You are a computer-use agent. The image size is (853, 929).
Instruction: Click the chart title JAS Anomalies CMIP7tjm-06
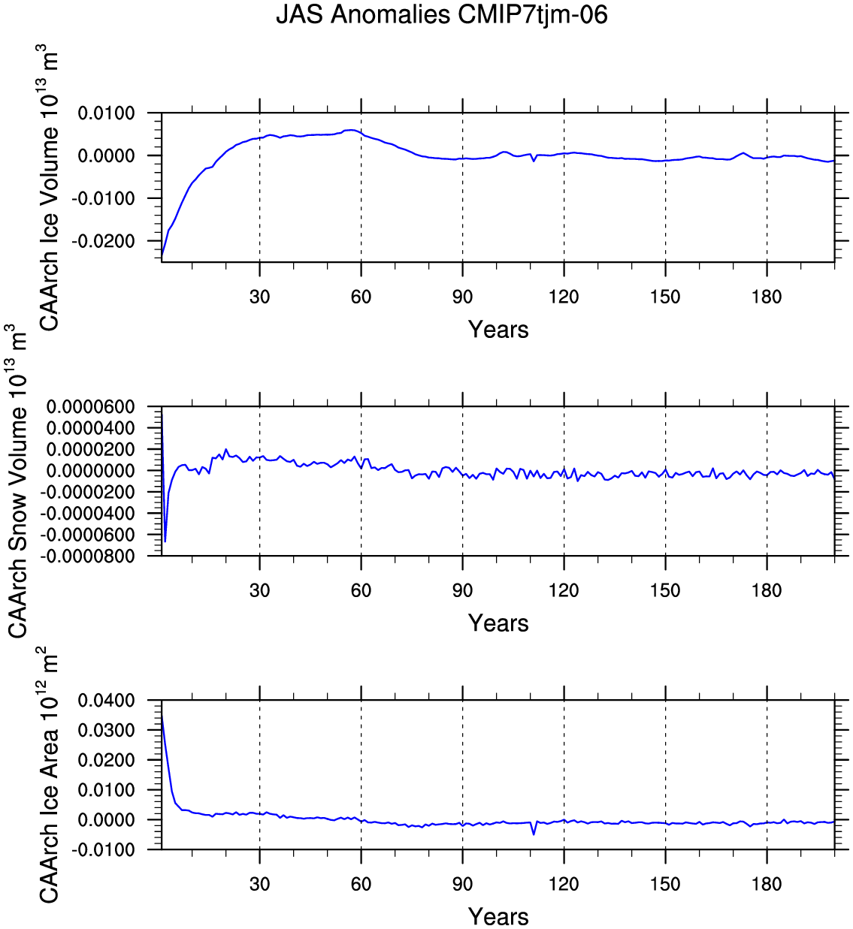[441, 15]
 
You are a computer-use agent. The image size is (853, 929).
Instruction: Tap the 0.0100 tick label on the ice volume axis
[106, 113]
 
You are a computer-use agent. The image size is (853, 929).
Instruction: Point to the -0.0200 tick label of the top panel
[103, 241]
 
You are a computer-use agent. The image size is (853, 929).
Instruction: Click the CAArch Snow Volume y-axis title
[17, 481]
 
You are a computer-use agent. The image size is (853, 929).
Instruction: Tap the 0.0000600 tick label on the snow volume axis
[90, 407]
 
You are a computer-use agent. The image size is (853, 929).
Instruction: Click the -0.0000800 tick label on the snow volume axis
[87, 556]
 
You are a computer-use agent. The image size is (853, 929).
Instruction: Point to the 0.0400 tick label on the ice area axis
[106, 701]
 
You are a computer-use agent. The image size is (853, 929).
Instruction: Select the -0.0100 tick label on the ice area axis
[103, 850]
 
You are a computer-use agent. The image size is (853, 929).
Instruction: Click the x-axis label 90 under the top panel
[463, 297]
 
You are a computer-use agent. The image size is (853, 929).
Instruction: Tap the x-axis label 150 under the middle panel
[665, 590]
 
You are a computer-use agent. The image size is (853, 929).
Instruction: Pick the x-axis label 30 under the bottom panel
[259, 884]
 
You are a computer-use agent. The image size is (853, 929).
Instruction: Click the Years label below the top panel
[498, 330]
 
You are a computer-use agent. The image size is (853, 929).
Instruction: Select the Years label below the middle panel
[498, 623]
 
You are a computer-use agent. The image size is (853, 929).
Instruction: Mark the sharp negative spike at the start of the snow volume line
[165, 541]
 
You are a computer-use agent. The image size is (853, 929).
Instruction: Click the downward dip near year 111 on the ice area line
[534, 834]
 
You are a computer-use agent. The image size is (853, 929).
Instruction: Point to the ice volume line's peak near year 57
[352, 130]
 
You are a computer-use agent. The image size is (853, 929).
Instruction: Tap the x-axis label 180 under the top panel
[767, 297]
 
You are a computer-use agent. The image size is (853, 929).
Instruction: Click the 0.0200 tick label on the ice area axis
[106, 761]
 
